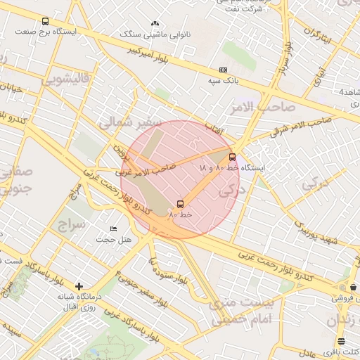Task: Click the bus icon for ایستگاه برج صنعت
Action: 46,22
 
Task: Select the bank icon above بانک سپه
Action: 224,70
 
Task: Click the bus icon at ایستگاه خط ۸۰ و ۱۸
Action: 233,157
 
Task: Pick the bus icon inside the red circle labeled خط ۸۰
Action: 181,204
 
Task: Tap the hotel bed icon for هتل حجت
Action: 114,229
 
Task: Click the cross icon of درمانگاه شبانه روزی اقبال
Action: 79,286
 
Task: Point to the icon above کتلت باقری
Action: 342,341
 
